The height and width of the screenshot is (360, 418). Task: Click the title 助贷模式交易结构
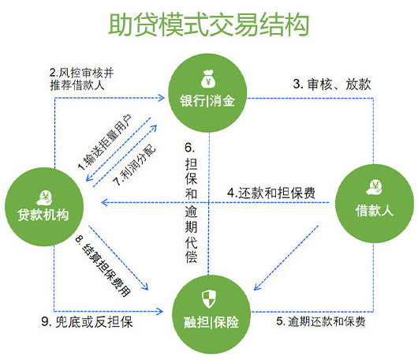pos(209,24)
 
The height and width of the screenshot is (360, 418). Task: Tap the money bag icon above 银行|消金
pos(208,79)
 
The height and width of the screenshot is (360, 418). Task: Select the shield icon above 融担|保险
pos(208,299)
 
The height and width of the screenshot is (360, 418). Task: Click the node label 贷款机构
pos(43,215)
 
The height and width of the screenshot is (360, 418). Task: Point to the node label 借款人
pos(375,211)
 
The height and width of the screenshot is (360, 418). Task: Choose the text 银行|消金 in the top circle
pos(207,101)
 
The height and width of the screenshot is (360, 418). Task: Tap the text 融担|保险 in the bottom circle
pos(211,322)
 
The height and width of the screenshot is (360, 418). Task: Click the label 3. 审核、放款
pos(332,84)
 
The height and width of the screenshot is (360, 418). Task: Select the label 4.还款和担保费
pos(271,193)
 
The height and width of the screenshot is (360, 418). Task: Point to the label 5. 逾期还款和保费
pos(321,321)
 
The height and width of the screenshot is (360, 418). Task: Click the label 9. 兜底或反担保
pos(88,322)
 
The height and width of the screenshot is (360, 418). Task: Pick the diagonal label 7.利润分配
pos(134,165)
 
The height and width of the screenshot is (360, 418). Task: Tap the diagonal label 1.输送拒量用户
pos(105,142)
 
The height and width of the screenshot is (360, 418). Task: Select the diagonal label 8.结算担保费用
pos(103,266)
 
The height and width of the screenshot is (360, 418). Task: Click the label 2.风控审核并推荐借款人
pos(81,79)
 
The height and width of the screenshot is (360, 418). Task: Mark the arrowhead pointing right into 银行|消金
pos(162,98)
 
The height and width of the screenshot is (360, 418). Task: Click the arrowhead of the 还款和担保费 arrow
pos(104,203)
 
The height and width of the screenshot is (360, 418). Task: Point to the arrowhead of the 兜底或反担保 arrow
pos(160,311)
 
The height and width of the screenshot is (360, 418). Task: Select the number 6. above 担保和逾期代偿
pos(190,148)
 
